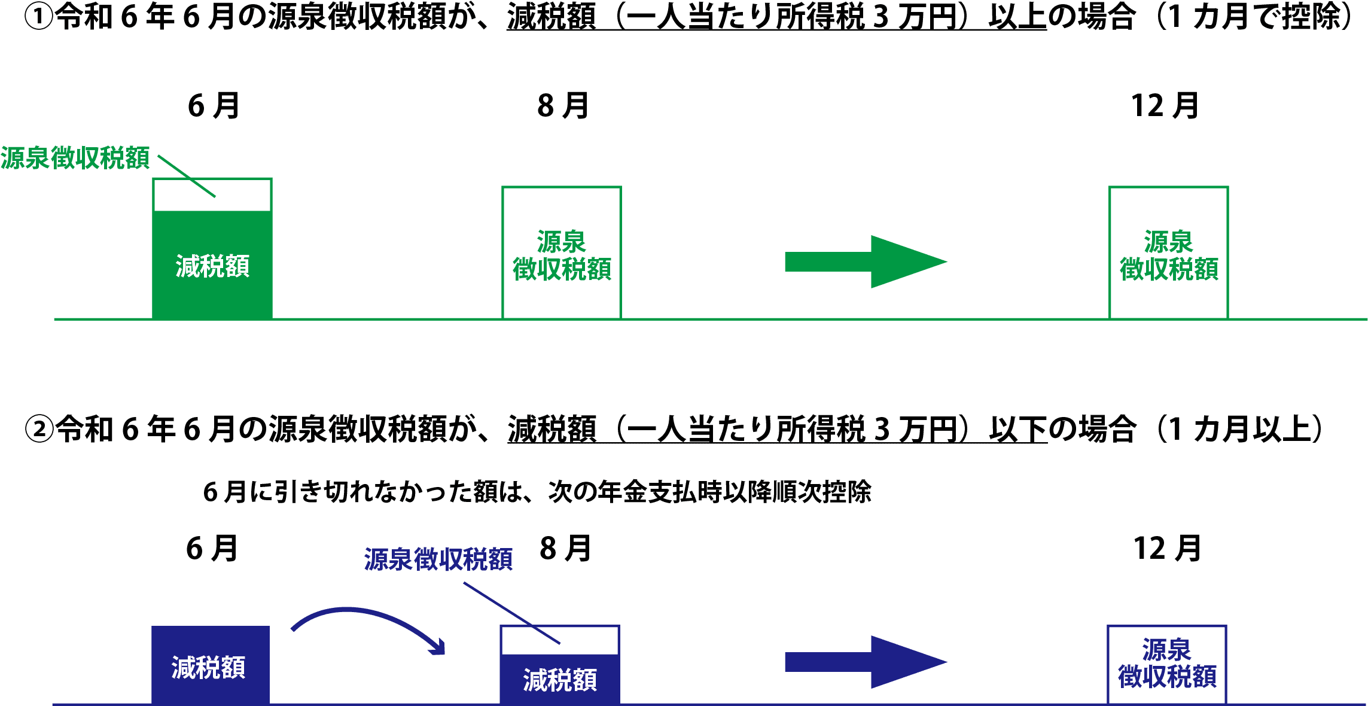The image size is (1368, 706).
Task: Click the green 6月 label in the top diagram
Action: point(213,106)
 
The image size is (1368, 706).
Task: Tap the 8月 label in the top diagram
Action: point(563,106)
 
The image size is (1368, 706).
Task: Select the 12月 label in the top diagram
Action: point(1165,106)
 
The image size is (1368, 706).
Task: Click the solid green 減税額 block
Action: point(212,264)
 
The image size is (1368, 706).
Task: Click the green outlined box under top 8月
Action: point(561,253)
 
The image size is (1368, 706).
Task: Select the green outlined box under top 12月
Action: point(1169,253)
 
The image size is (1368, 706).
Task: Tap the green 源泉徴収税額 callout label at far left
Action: point(75,158)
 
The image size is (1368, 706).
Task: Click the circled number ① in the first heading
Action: point(38,17)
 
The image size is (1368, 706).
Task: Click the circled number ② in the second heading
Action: point(39,430)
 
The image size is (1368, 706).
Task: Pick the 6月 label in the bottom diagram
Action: point(212,548)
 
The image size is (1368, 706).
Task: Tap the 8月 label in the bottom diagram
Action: point(565,548)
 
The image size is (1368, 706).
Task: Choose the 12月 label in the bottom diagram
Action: point(1167,548)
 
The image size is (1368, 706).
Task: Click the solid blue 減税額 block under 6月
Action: point(210,665)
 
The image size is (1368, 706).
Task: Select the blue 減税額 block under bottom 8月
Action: point(560,679)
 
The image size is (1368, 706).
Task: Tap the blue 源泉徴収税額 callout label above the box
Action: point(438,559)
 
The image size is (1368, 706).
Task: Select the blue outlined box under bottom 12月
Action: point(1166,664)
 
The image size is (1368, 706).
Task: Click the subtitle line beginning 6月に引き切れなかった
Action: point(537,492)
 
